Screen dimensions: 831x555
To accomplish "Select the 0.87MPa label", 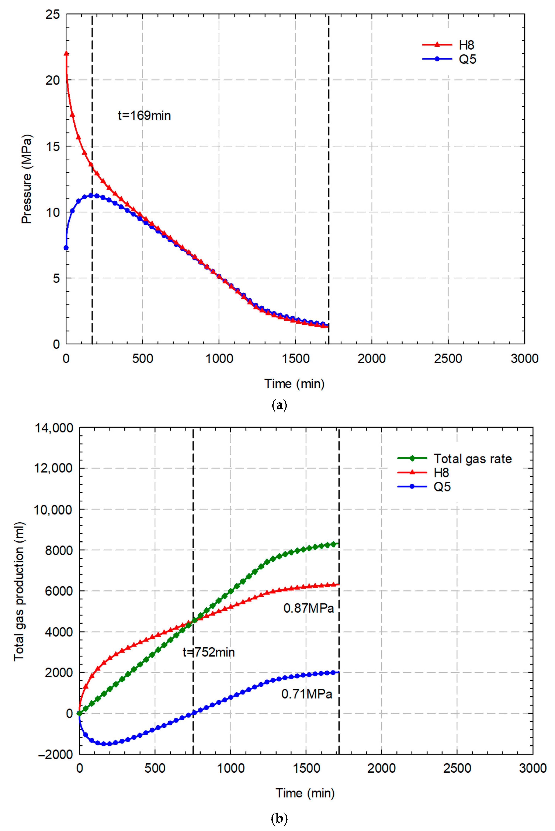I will [x=309, y=608].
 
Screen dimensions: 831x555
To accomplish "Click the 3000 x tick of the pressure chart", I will [x=524, y=359].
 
